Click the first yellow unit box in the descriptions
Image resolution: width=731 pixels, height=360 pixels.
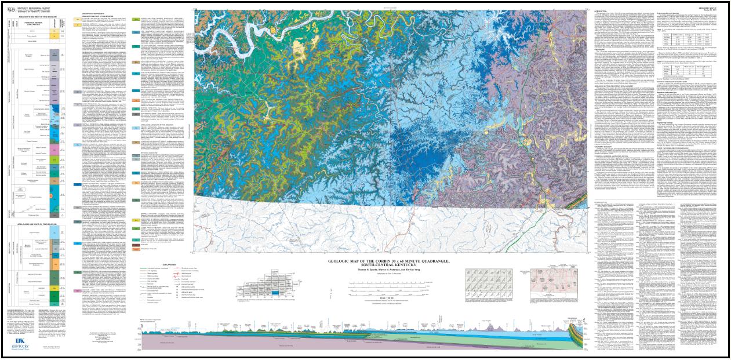78,19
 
